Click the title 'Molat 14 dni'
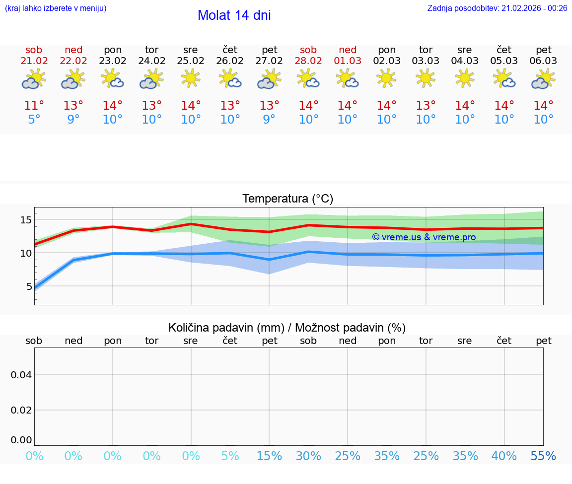pyautogui.click(x=234, y=15)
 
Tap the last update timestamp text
pyautogui.click(x=497, y=8)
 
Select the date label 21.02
pyautogui.click(x=34, y=61)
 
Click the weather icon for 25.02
pyautogui.click(x=191, y=78)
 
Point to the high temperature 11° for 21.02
pyautogui.click(x=34, y=105)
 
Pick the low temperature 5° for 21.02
pyautogui.click(x=34, y=120)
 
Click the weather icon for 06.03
pyautogui.click(x=543, y=78)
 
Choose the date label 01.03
pyautogui.click(x=348, y=61)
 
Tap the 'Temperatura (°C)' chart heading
pyautogui.click(x=287, y=199)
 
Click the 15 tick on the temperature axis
pyautogui.click(x=26, y=220)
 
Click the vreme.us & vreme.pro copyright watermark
pyautogui.click(x=424, y=237)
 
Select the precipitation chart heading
pyautogui.click(x=287, y=328)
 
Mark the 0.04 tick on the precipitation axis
pyautogui.click(x=21, y=375)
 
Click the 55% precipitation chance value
pyautogui.click(x=543, y=456)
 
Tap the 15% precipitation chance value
pyautogui.click(x=269, y=456)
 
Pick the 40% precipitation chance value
pyautogui.click(x=504, y=456)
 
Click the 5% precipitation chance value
pyautogui.click(x=230, y=456)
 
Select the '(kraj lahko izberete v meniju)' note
pyautogui.click(x=56, y=8)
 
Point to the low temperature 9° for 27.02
pyautogui.click(x=269, y=120)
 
